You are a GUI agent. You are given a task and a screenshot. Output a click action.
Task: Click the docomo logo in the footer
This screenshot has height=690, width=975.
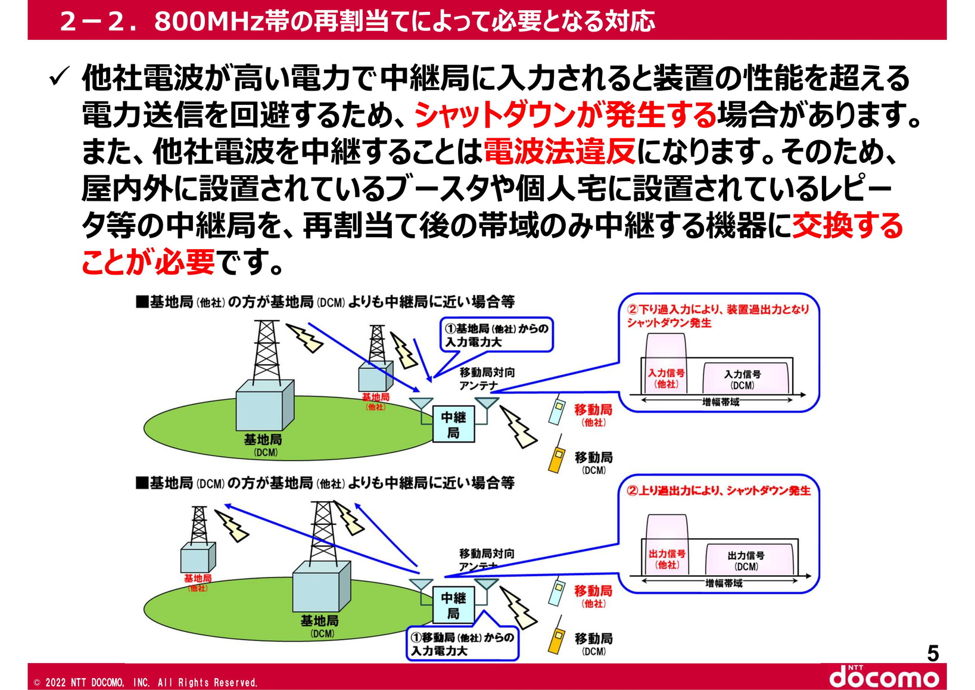[884, 677]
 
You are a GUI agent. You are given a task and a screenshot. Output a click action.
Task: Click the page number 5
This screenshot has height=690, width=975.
[933, 654]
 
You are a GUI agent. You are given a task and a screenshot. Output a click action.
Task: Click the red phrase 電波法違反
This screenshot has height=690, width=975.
[559, 152]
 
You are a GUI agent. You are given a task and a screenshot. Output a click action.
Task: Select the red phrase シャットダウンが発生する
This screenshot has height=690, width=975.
[565, 115]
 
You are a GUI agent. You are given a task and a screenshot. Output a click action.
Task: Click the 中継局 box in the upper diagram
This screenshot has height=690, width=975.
[453, 424]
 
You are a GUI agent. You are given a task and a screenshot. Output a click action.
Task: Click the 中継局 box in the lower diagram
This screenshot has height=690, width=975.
[453, 605]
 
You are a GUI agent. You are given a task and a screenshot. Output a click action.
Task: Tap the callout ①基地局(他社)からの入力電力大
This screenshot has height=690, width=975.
[497, 335]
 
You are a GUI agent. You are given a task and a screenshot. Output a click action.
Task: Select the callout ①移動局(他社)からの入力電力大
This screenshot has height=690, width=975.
[462, 644]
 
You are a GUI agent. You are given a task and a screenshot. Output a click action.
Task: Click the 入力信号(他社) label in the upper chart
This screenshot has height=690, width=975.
[666, 378]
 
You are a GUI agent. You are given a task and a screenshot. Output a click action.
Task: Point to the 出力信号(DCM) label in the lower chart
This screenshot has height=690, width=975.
[746, 560]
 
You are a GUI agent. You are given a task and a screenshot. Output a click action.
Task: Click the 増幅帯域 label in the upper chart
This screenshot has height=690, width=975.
[721, 402]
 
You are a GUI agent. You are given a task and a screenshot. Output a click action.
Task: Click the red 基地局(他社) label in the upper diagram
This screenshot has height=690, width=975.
[375, 402]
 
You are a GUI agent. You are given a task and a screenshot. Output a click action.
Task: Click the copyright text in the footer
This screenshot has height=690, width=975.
[146, 682]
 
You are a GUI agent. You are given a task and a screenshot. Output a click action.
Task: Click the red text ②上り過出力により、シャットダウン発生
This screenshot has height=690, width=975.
[719, 490]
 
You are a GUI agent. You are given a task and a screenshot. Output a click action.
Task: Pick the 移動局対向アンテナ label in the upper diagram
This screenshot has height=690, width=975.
[486, 378]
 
